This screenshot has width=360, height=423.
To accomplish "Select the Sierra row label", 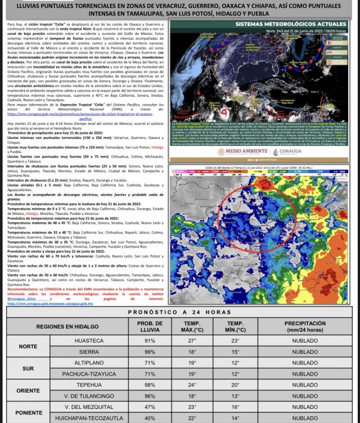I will pyautogui.click(x=86, y=352).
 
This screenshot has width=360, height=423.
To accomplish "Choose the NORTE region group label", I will pyautogui.click(x=28, y=346).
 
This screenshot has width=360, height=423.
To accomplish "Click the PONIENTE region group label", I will pyautogui.click(x=28, y=411).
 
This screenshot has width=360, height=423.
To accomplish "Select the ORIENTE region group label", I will pyautogui.click(x=28, y=390).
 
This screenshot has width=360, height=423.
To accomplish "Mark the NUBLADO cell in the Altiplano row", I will pyautogui.click(x=305, y=363).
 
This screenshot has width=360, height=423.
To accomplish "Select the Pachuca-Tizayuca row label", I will pyautogui.click(x=86, y=373).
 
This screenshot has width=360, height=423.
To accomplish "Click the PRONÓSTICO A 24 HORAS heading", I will pyautogui.click(x=179, y=312).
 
